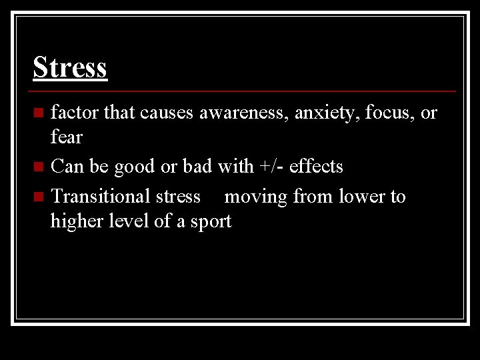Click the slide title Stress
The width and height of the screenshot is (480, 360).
point(70,67)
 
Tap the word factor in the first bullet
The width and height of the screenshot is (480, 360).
point(75,112)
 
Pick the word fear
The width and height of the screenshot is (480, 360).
point(66,137)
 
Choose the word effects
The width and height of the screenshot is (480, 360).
point(317,166)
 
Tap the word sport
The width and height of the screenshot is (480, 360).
point(209,221)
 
